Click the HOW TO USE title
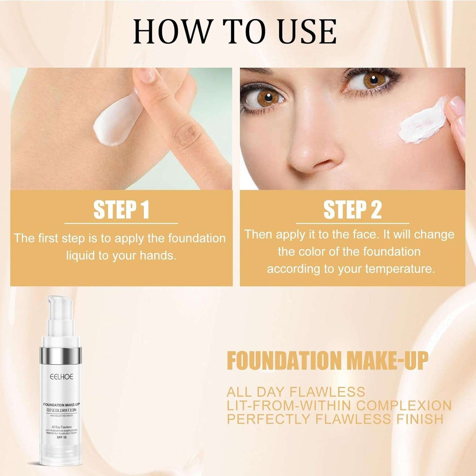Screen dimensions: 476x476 pos(235,32)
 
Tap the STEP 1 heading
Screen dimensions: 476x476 pos(121,210)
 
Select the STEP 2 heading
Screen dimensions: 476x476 pos(352,210)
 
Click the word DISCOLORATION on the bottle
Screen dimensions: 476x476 pos(61,410)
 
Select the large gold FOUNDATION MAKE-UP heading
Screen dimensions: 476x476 pos(327,361)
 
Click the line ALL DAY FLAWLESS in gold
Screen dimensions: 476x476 pos(296,392)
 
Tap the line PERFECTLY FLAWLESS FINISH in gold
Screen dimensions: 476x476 pos(335,419)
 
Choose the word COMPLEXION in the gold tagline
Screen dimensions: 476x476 pos(404,406)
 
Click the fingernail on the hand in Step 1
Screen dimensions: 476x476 pos(145,75)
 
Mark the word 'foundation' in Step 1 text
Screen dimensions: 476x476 pos(197,238)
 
